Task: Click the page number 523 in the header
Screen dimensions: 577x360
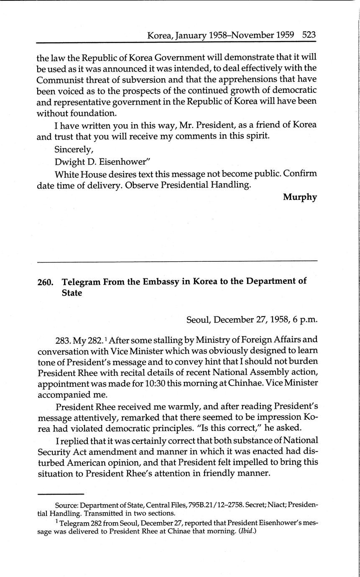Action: click(309, 35)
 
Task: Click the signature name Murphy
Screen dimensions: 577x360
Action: click(300, 197)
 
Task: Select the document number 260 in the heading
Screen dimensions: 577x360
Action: click(45, 282)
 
